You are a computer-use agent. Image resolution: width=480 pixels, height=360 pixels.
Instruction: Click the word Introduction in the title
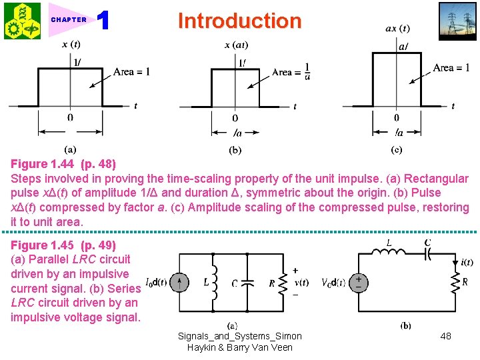click(239, 21)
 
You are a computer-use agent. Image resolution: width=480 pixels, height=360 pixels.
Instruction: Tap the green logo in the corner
click(22, 21)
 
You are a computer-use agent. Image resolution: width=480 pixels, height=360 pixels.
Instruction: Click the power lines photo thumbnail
click(457, 20)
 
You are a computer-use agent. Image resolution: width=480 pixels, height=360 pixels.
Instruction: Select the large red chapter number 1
click(103, 21)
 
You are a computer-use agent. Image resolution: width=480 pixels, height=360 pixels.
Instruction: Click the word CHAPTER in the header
click(69, 20)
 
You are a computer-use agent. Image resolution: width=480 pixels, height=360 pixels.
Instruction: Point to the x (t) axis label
click(72, 45)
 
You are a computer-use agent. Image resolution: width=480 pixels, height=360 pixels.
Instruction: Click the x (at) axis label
click(237, 45)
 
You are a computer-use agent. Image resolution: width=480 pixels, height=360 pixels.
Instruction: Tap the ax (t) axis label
click(398, 29)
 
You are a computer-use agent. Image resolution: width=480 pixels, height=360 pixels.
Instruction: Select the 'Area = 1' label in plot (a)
click(131, 72)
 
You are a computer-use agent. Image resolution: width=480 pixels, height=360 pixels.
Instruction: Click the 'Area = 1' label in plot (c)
click(451, 67)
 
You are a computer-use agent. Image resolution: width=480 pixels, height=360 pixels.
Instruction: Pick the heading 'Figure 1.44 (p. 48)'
click(63, 164)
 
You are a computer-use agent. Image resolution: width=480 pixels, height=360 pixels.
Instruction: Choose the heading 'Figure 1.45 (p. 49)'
click(63, 245)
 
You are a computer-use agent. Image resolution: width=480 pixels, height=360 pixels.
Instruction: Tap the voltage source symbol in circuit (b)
click(359, 281)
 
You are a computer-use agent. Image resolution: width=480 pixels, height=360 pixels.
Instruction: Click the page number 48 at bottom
click(445, 336)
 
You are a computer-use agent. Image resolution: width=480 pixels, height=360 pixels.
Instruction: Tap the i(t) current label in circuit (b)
click(467, 262)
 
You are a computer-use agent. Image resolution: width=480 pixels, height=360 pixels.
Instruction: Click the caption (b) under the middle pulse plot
click(235, 151)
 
